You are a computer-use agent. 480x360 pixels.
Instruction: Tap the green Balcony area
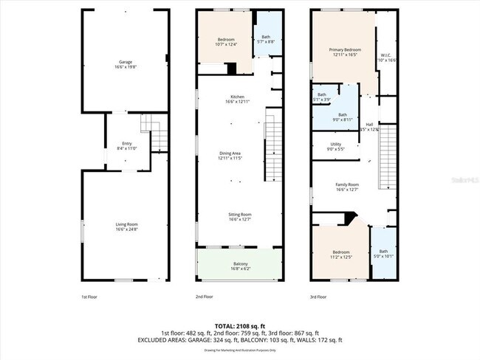(x=239, y=266)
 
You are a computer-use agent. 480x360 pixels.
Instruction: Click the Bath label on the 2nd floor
(x=267, y=40)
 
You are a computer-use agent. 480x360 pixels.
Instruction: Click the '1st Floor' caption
(x=89, y=297)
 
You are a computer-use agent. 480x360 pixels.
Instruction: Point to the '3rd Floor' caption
(x=318, y=297)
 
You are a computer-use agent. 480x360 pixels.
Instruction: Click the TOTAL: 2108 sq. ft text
(x=239, y=325)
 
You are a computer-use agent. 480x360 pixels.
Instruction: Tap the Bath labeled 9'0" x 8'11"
(x=342, y=117)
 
